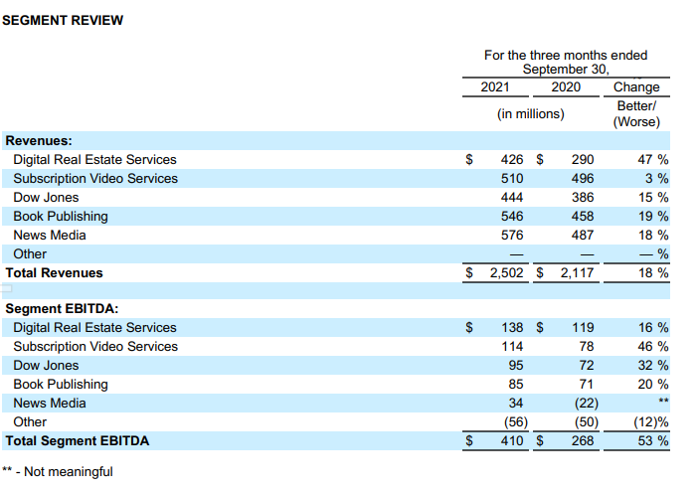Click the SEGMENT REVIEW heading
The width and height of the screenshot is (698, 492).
coord(63,20)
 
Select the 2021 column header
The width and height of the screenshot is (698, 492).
coord(495,87)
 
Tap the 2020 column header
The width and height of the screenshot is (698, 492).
coord(566,87)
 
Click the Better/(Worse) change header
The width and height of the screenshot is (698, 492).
coord(636,113)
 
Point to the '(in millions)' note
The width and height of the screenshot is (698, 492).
coord(530,113)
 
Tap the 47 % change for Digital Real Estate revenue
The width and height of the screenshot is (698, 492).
coord(652,159)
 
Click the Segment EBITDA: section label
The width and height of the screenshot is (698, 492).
coord(63,309)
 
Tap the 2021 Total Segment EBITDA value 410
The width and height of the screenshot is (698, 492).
coord(509,440)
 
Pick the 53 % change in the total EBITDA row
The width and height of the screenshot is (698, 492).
coord(652,440)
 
